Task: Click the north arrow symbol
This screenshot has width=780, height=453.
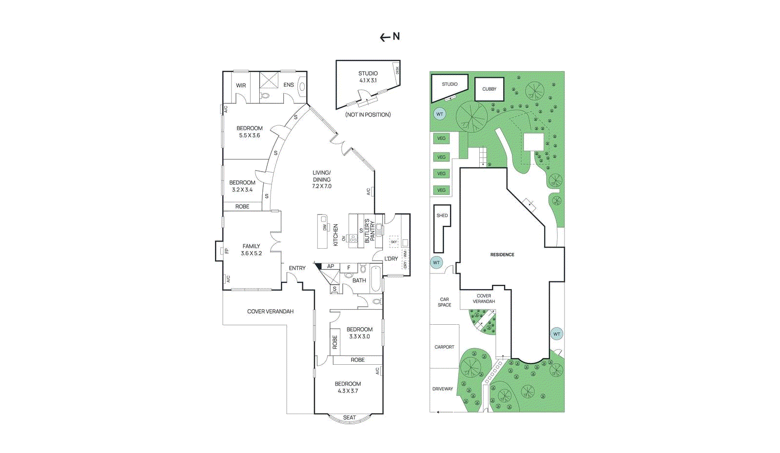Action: point(390,37)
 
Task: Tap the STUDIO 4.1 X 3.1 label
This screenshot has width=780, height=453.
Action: point(368,77)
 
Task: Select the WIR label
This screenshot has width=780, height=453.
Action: point(241,85)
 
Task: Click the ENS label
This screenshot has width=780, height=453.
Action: point(289,85)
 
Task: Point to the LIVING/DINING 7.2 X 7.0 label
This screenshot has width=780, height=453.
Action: point(322,179)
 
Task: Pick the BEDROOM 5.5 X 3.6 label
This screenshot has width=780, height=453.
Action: point(250,132)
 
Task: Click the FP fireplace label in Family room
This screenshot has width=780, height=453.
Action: point(227,251)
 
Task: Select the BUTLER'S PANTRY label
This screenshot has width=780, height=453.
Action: point(370,231)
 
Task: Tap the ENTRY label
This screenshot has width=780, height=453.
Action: point(297,268)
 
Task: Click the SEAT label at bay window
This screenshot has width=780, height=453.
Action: point(350,417)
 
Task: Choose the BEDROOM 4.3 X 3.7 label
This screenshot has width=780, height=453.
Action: point(348,387)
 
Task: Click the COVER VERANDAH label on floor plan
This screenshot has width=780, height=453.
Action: point(270,312)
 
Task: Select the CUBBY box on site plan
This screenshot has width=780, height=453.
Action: point(489,89)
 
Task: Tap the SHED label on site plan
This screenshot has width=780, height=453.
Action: point(442,216)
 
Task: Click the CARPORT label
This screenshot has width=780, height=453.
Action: point(444,347)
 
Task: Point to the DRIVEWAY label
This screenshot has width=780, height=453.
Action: point(443,389)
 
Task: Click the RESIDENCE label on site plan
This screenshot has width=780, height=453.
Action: point(502,255)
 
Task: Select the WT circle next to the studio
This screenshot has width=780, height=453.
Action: point(440,114)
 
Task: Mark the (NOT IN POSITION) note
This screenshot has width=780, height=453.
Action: point(368,115)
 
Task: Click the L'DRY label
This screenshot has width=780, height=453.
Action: point(391,258)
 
